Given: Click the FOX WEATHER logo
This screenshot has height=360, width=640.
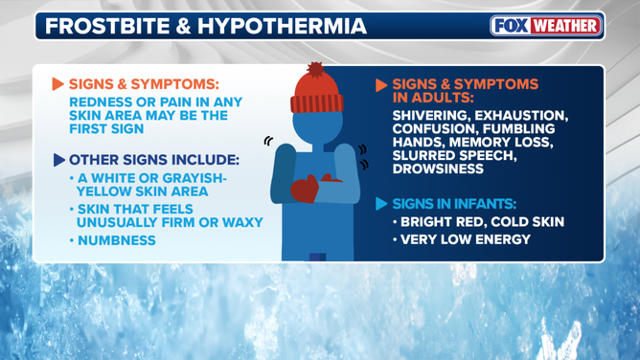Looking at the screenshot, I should pos(545,26).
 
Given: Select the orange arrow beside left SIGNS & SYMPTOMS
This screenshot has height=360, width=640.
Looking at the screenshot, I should pos(58,85).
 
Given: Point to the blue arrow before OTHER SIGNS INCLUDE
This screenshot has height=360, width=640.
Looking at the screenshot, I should pos(59,160).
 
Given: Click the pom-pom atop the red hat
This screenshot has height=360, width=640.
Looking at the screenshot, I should pos(315,70).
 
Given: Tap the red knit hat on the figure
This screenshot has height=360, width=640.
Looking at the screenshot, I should pos(315,94).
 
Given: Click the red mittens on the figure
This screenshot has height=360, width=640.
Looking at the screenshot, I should pos(306,189).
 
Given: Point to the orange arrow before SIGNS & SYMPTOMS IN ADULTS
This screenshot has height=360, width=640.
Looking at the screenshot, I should pos(381,85).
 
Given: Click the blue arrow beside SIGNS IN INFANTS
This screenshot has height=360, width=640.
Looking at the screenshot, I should pos(381,204).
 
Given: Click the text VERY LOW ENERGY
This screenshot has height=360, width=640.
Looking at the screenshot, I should pos(465,239).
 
